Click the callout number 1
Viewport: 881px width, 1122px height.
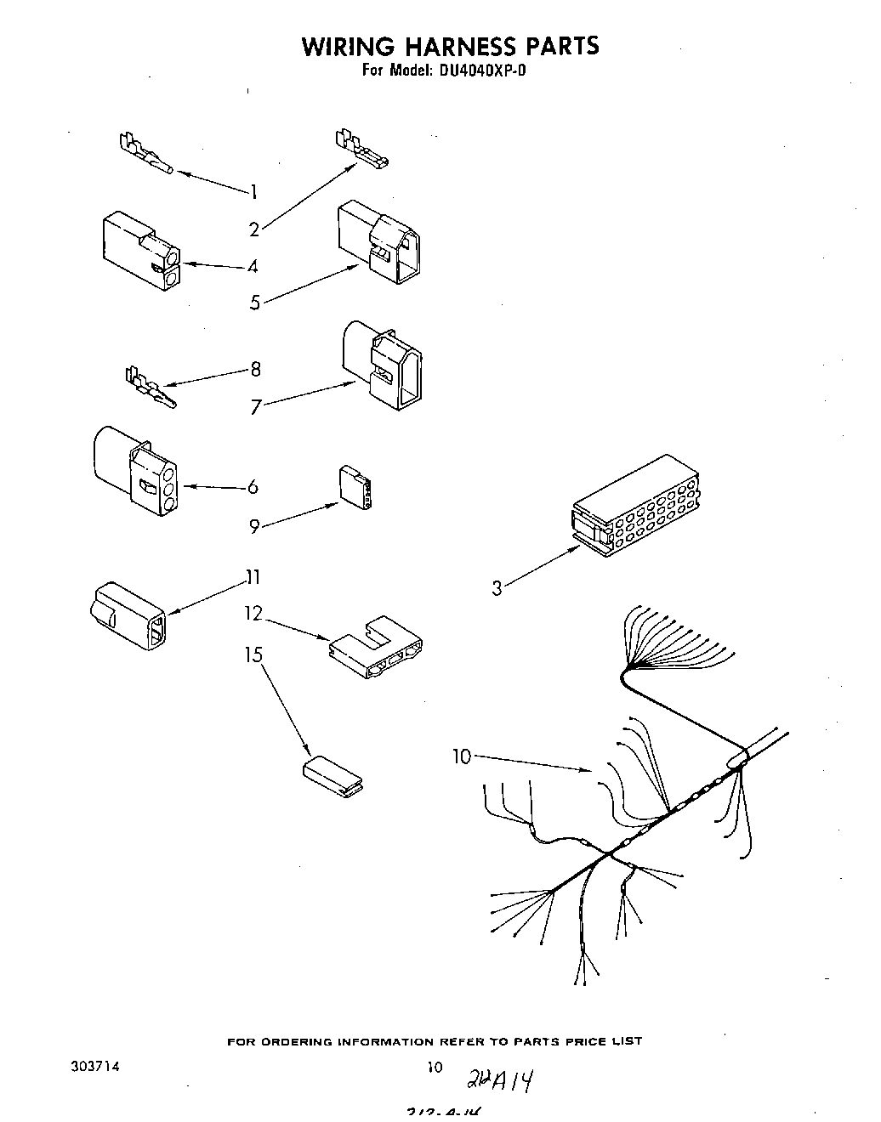pyautogui.click(x=253, y=192)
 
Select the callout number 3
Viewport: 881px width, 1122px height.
pyautogui.click(x=497, y=587)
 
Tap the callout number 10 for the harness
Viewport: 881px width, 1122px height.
pyautogui.click(x=462, y=756)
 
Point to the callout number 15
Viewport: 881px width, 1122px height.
pyautogui.click(x=254, y=655)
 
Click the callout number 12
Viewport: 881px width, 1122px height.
pyautogui.click(x=254, y=613)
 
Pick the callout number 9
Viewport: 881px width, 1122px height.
pyautogui.click(x=254, y=527)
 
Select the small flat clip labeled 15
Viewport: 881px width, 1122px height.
pyautogui.click(x=332, y=777)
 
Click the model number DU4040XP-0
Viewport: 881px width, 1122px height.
pyautogui.click(x=482, y=71)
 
